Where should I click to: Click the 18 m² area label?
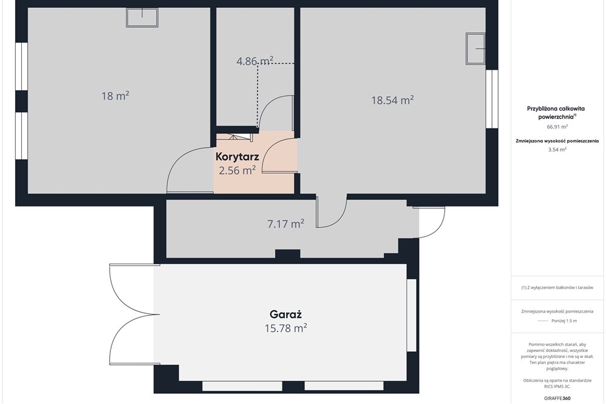(115, 96)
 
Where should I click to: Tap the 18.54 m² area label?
(393, 100)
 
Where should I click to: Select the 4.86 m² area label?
(255, 61)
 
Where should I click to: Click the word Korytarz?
(238, 157)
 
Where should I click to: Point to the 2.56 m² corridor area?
(238, 170)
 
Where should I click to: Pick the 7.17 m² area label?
(285, 224)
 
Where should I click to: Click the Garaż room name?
(285, 314)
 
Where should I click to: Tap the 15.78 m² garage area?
(286, 328)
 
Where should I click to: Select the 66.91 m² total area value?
(557, 127)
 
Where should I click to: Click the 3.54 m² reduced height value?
(557, 150)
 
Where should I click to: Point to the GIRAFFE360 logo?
(557, 398)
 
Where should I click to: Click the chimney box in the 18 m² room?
(142, 18)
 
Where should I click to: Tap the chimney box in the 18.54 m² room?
(475, 49)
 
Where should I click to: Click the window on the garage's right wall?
(412, 315)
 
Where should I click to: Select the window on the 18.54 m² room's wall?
(492, 99)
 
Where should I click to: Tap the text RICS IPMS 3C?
(557, 386)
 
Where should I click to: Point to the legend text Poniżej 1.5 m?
(564, 320)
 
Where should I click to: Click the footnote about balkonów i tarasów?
(557, 288)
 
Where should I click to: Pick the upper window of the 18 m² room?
(22, 66)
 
